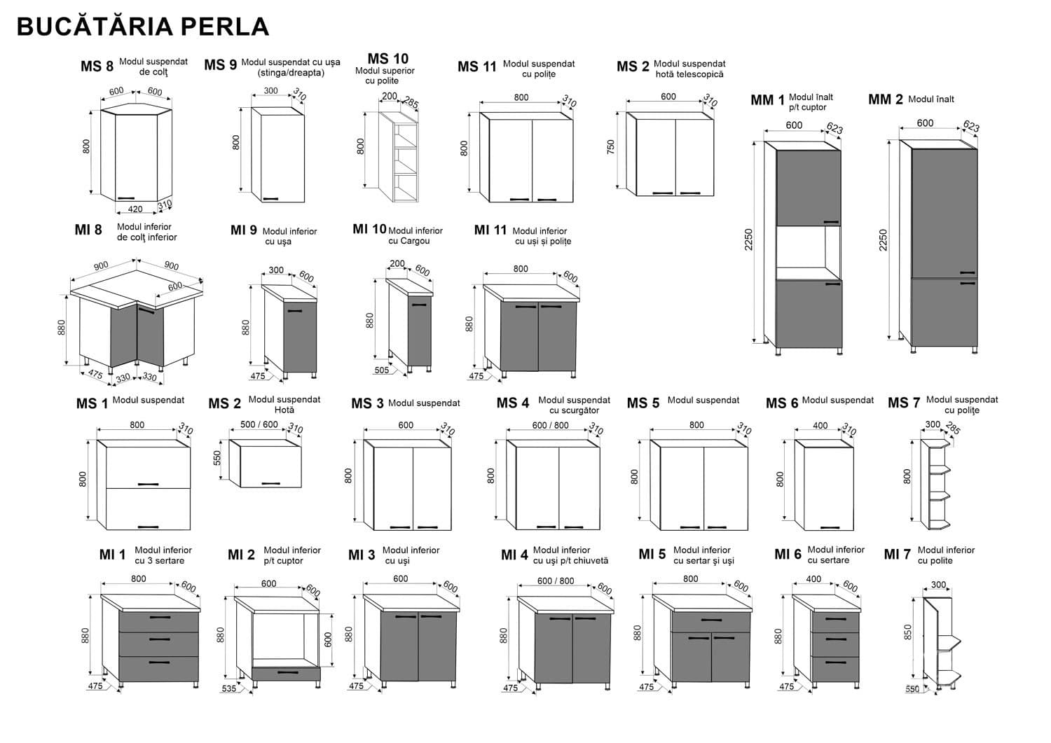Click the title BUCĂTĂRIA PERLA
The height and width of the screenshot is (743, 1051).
coord(143,26)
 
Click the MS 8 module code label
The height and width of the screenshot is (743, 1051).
coord(97,67)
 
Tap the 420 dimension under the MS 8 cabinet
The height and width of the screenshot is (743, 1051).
coord(135,209)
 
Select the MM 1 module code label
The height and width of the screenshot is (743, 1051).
coord(767,101)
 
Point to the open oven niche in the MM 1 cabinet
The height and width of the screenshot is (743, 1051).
coord(808,252)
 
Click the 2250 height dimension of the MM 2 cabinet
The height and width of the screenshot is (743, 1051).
coord(883,240)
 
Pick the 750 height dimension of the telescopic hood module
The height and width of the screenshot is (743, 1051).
coord(611,148)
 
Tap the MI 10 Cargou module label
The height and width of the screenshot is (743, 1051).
coord(369,229)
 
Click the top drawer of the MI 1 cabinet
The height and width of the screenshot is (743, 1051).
coord(158,620)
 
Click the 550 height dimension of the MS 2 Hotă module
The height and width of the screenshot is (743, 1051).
coord(217,458)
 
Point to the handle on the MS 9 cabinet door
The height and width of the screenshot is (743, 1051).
coord(270,199)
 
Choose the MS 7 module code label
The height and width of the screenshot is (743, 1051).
coord(903,403)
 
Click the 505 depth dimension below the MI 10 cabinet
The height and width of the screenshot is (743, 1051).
coord(381,370)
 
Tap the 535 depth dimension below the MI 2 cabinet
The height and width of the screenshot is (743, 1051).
coord(229,688)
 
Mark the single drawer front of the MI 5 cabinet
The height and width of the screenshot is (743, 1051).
coord(710,621)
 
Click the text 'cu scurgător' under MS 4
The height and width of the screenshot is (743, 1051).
coord(574,410)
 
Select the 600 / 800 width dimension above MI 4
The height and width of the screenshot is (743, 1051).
coord(556,581)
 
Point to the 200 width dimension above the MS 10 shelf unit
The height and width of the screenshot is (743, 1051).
coord(389,97)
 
